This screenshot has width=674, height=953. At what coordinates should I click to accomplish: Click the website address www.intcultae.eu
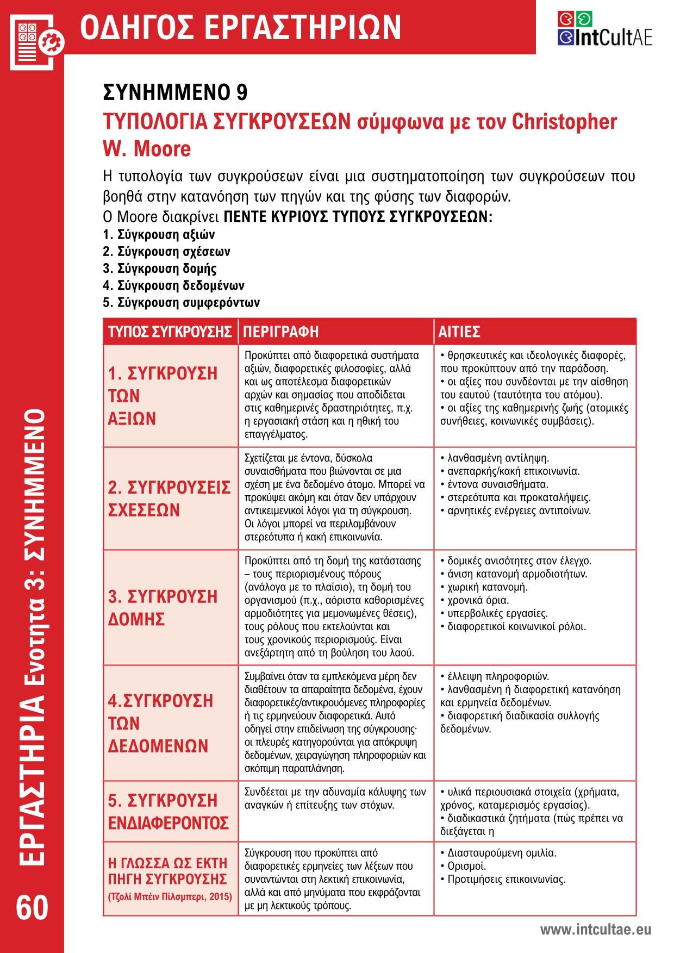[x=595, y=930]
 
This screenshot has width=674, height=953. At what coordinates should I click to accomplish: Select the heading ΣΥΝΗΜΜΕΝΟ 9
[x=175, y=92]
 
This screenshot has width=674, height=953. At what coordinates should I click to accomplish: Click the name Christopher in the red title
[x=565, y=122]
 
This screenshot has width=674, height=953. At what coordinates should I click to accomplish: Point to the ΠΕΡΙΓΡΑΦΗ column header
[x=280, y=332]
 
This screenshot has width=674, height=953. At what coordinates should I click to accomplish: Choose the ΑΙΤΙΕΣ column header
[x=459, y=332]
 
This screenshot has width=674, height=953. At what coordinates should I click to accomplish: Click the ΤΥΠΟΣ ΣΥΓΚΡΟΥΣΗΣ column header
[x=170, y=332]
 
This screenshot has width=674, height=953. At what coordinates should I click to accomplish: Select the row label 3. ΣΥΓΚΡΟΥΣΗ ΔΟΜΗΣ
[x=163, y=607]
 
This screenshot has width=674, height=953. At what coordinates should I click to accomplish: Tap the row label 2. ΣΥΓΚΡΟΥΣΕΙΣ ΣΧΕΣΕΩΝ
[x=169, y=498]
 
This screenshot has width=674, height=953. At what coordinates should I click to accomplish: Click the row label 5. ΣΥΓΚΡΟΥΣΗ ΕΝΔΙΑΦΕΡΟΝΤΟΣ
[x=168, y=812]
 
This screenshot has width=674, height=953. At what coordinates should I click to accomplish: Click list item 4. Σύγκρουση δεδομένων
[x=173, y=285]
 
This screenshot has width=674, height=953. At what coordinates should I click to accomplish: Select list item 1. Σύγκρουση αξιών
[x=159, y=235]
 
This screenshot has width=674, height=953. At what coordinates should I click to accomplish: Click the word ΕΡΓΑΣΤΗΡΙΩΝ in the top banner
[x=305, y=27]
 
